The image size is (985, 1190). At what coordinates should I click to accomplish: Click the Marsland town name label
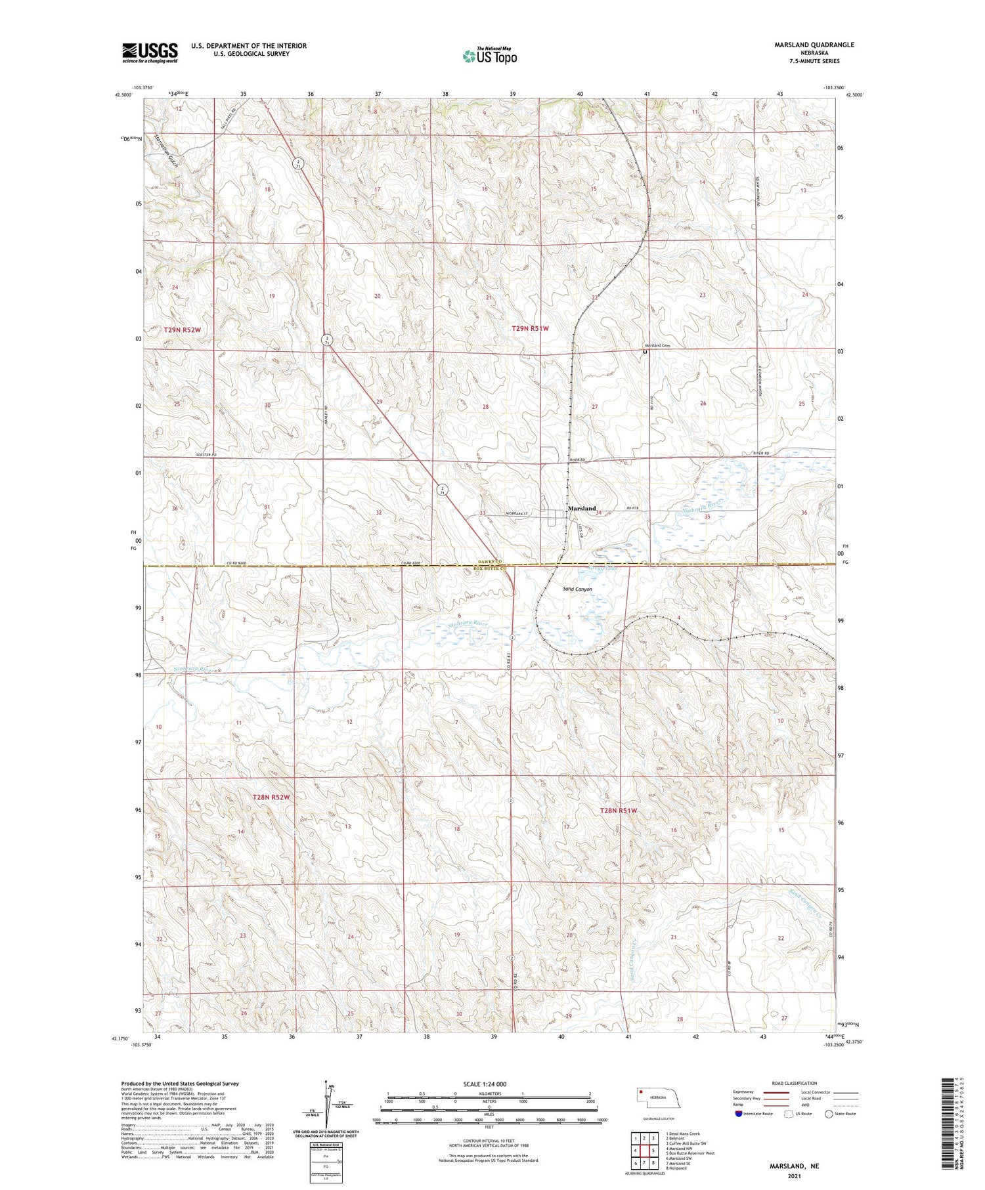(582, 509)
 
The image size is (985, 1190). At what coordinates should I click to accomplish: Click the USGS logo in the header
(150, 53)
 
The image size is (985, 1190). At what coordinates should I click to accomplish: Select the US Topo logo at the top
(489, 56)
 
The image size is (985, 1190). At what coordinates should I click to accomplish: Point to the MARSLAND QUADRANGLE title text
(814, 45)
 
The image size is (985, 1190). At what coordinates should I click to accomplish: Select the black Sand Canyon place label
(577, 589)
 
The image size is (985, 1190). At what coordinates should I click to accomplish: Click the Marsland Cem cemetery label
(656, 346)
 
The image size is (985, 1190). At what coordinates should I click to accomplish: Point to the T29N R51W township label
(530, 328)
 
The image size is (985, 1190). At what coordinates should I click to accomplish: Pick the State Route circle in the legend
(829, 1113)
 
